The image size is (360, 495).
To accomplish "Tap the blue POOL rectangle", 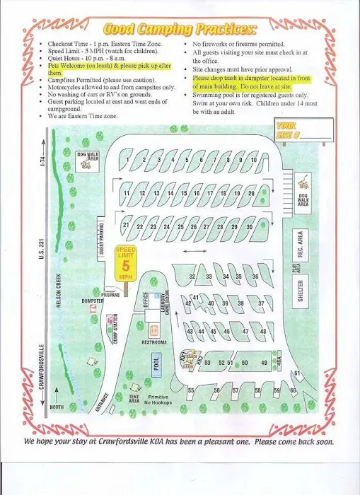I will click(157, 361).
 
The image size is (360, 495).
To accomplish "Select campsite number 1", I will click(128, 161).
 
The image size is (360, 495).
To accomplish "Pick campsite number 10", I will click(253, 161).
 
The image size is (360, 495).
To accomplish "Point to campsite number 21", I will click(126, 225).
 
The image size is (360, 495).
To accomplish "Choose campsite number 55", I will click(191, 390).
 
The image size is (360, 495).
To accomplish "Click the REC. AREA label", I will click(301, 243).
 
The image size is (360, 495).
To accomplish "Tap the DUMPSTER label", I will click(92, 301).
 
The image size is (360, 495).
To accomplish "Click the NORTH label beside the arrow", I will click(57, 407).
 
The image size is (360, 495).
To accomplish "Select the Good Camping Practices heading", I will click(180, 29).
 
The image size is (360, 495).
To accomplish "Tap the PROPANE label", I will click(111, 294).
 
